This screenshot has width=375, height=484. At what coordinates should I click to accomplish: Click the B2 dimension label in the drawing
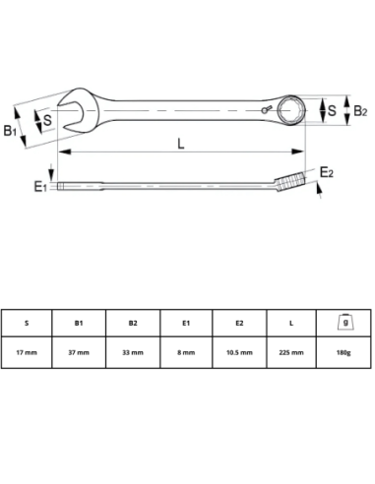coord(360,111)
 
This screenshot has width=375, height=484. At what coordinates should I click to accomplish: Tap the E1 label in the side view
coord(39,184)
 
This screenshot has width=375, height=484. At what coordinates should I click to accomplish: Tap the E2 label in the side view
coord(328,173)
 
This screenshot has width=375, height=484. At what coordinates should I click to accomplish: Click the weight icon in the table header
coord(345,321)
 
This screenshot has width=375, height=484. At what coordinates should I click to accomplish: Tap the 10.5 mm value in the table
coord(239,351)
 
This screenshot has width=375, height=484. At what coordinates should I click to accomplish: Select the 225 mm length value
coord(292,351)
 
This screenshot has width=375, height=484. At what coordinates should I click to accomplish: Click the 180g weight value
coord(345,351)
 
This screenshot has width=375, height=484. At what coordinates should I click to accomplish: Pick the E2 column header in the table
coord(239,321)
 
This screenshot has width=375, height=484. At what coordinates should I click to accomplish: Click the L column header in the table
coord(292,321)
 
